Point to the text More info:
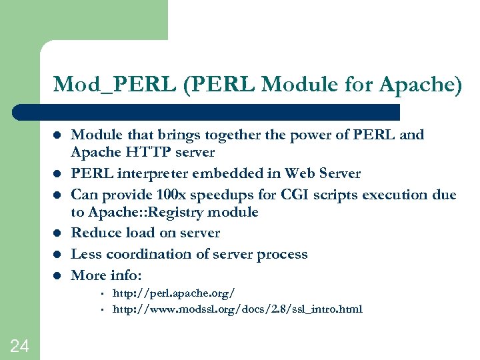(107, 275)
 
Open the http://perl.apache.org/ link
(173, 293)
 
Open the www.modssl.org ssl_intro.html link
(237, 309)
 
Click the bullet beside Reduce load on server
(58, 233)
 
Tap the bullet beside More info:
(58, 275)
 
